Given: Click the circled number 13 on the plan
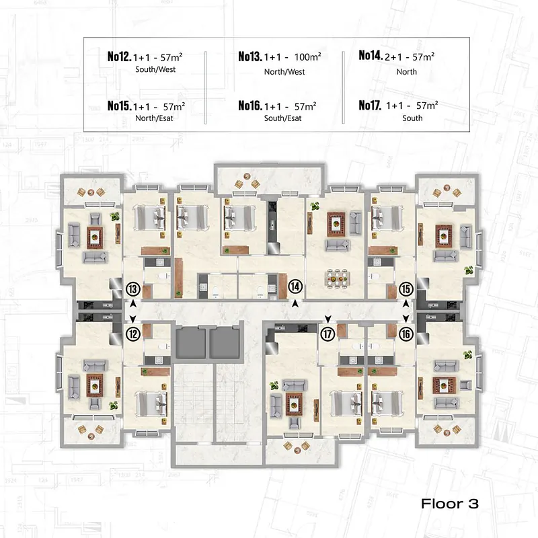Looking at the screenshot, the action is [x=133, y=289].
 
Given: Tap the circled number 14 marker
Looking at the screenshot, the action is [x=295, y=286].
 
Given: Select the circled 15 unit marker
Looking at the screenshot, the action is [x=406, y=289].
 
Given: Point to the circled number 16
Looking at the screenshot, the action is [x=406, y=334].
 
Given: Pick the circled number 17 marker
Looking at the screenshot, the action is [x=328, y=334].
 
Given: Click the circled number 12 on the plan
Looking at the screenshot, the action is [x=133, y=334].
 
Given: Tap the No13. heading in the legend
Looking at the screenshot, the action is [x=250, y=56].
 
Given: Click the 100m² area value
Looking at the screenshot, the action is [x=307, y=56].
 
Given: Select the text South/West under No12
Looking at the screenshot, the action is [x=155, y=69].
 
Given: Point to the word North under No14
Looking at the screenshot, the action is [x=407, y=72].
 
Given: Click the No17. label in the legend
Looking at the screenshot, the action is [x=370, y=105].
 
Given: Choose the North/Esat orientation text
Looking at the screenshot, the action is [x=154, y=118].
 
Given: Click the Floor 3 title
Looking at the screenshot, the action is [x=450, y=504].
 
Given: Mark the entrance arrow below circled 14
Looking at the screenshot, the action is [x=295, y=304].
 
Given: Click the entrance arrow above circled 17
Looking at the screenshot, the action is [x=328, y=319].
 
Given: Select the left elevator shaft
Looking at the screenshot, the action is [x=190, y=342].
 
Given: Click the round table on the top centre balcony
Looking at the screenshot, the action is [x=246, y=176].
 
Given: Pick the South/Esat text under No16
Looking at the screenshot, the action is [x=282, y=118].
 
